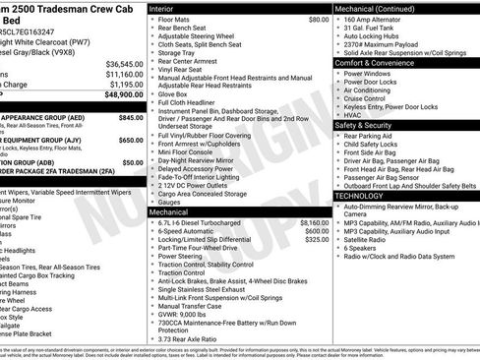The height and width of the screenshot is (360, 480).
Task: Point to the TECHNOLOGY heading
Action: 360,196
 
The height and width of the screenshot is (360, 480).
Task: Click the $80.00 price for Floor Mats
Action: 318,19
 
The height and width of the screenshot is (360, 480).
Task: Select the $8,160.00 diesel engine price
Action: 313,222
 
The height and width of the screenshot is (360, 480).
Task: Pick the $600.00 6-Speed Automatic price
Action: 316,231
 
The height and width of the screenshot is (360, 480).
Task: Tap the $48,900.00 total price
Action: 123,94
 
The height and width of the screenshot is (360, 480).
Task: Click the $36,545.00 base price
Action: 124,63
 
